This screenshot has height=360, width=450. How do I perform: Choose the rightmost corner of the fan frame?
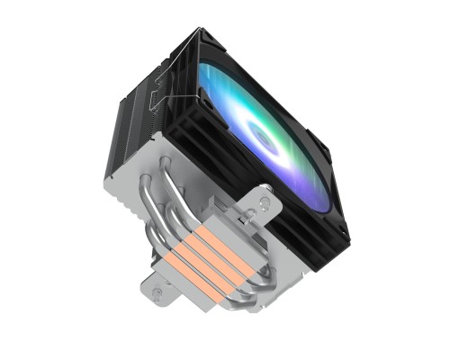350,245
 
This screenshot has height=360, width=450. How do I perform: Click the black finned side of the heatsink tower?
135,117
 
